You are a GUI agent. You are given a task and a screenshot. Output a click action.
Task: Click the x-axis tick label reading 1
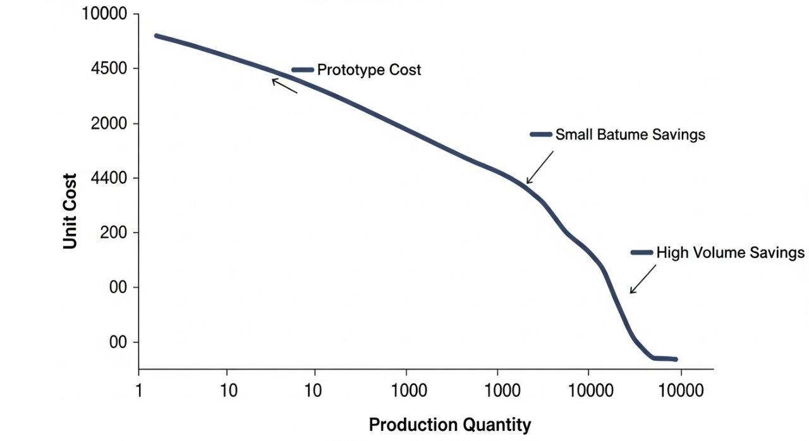[139, 390]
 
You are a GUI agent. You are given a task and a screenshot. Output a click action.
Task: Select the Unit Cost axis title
[70, 211]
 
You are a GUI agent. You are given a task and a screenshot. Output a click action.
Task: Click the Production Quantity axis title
[449, 425]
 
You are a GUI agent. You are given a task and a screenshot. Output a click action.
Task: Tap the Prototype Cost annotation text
[368, 69]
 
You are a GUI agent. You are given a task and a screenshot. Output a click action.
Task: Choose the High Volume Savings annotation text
[730, 253]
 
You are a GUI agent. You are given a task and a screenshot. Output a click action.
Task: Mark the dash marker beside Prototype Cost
[303, 69]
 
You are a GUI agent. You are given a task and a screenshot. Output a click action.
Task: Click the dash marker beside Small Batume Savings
[541, 135]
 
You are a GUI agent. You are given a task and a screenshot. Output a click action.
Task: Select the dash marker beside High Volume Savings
[642, 253]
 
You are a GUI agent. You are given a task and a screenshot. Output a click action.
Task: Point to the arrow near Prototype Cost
[284, 85]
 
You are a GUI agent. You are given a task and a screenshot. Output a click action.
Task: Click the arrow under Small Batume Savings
[540, 168]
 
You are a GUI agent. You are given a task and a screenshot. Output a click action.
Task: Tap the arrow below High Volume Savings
[642, 279]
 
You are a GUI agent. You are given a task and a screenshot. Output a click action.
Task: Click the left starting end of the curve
[156, 35]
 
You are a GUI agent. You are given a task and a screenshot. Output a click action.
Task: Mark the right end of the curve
[676, 359]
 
